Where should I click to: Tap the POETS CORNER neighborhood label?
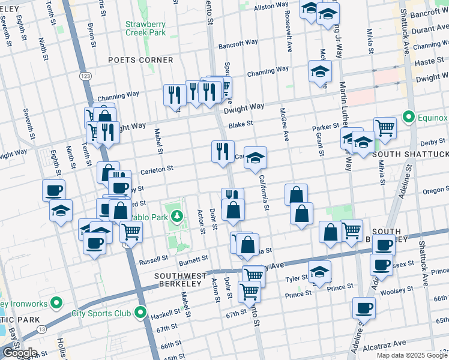(x=141, y=61)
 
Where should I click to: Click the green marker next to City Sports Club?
(x=140, y=313)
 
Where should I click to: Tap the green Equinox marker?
(x=409, y=116)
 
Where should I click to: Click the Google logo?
(x=19, y=353)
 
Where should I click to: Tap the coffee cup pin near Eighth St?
(x=53, y=190)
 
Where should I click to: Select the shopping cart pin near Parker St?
(x=385, y=127)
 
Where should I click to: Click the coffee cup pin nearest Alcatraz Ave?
(x=363, y=308)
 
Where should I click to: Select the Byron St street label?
(x=91, y=35)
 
